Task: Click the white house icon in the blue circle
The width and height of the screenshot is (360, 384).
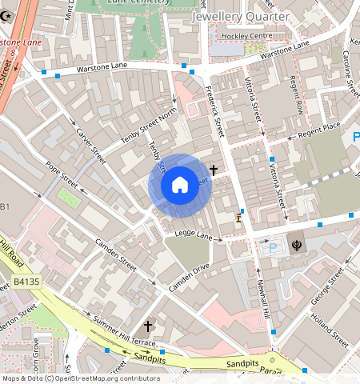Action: coord(180,185)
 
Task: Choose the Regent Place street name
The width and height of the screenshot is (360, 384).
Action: coord(319,129)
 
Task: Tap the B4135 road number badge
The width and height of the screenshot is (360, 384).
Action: coord(26,282)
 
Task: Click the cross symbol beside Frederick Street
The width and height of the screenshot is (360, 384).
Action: coord(214,170)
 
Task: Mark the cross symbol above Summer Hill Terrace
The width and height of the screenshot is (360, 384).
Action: coord(147,326)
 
